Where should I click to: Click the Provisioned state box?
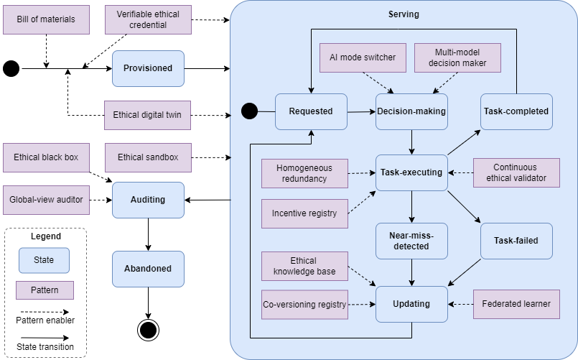(148, 68)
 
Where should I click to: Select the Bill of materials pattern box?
(46, 19)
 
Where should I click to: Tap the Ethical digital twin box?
(147, 115)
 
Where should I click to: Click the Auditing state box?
(148, 200)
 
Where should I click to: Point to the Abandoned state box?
(148, 269)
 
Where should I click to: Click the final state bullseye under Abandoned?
(148, 330)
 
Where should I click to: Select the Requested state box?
(311, 111)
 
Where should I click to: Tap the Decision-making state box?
(411, 111)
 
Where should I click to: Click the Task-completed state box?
(516, 111)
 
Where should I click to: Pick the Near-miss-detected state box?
(411, 241)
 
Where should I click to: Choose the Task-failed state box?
(516, 241)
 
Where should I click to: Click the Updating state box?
(411, 304)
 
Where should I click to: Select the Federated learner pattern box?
(516, 304)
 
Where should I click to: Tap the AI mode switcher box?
(363, 57)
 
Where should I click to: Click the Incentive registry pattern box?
(304, 213)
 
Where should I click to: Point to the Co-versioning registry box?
(304, 305)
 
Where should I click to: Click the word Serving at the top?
(404, 14)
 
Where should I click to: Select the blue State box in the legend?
(44, 260)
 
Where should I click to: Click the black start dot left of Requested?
(250, 111)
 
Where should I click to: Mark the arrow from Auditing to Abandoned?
(148, 234)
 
